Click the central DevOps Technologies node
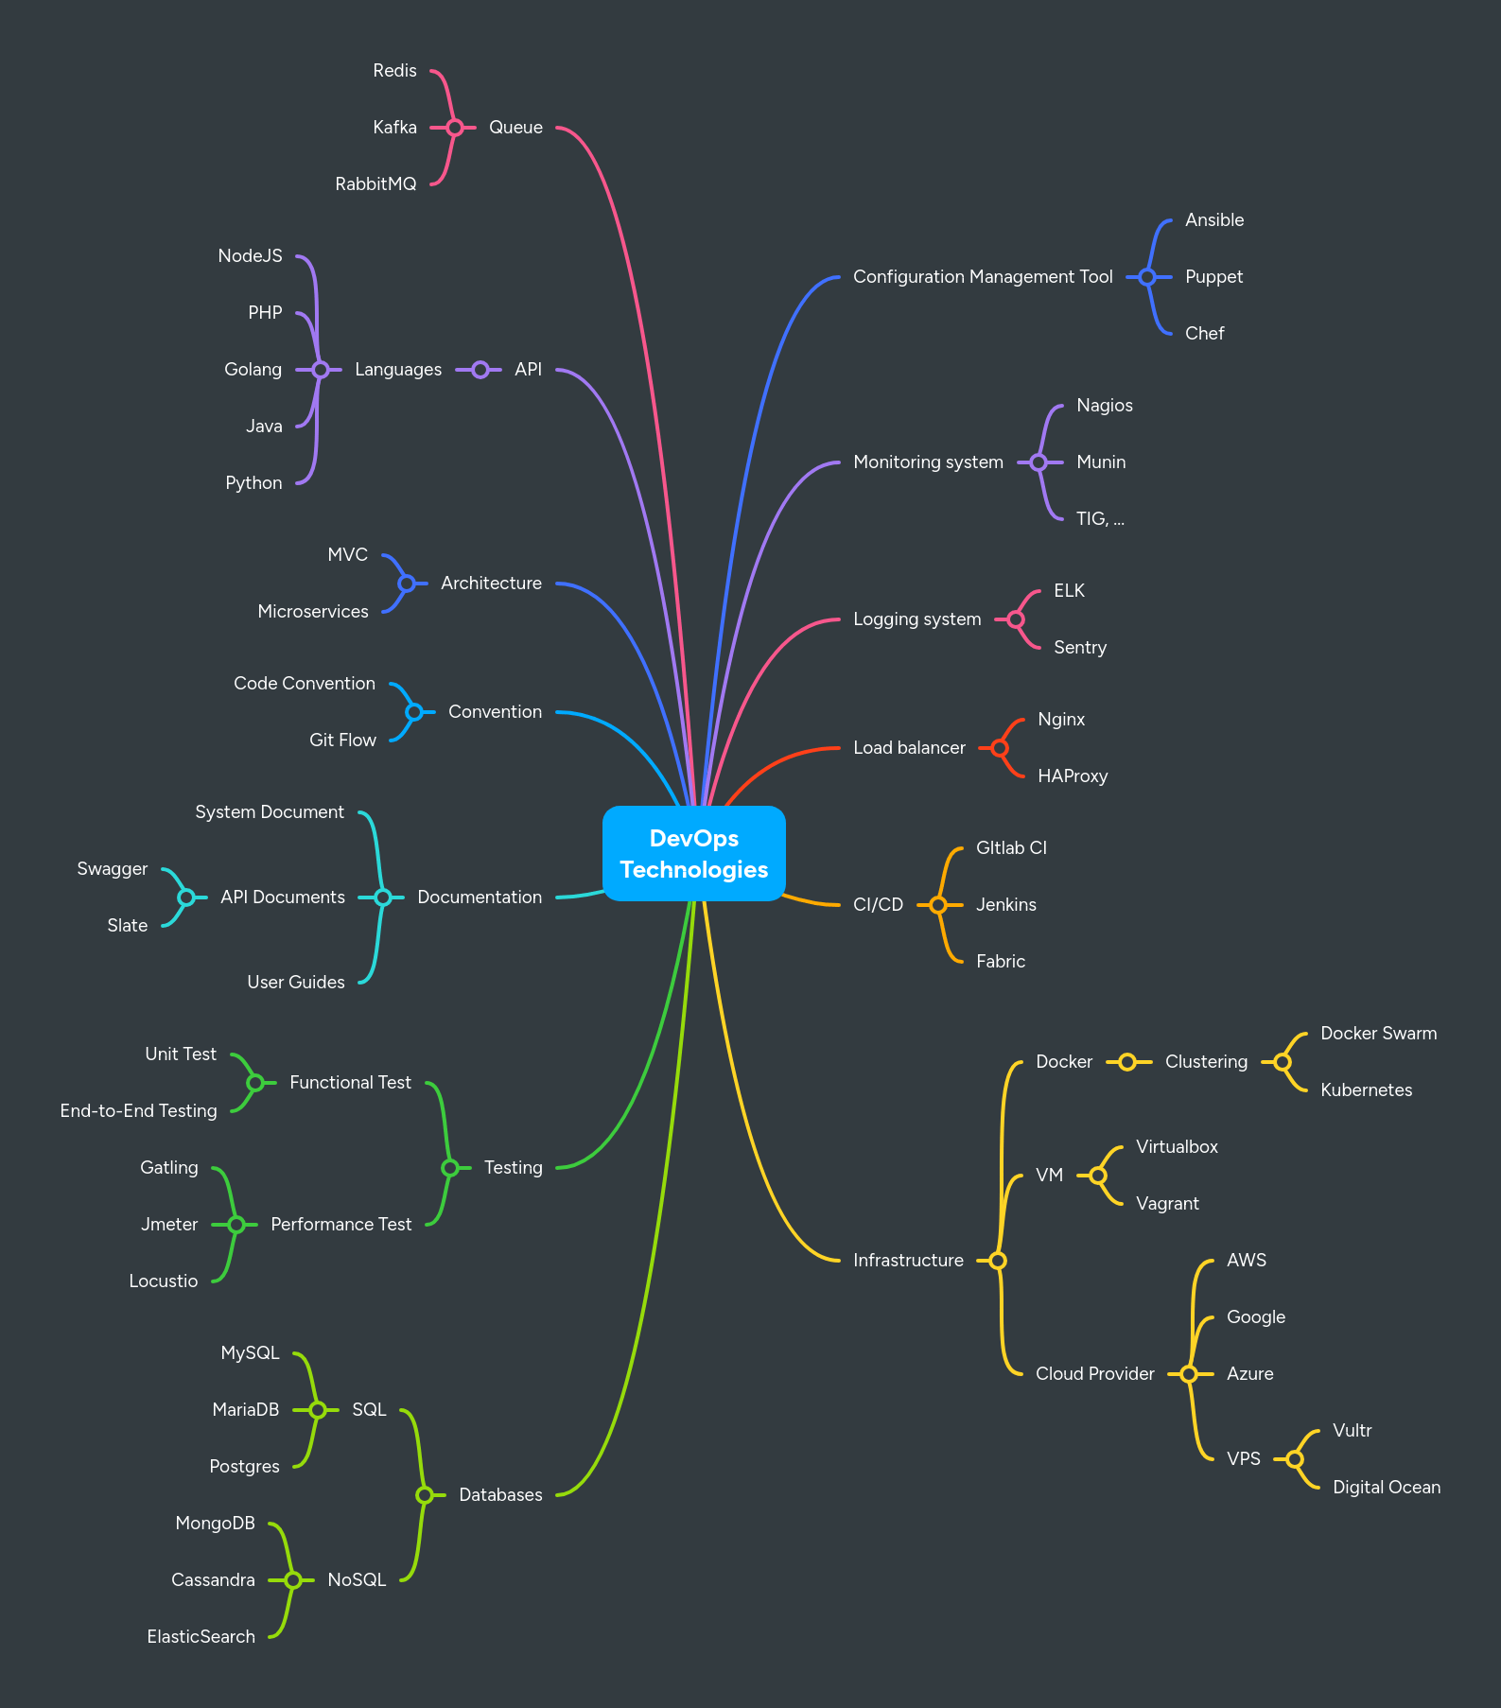point(694,853)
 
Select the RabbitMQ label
point(375,183)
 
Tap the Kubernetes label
point(1366,1089)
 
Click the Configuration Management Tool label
point(983,276)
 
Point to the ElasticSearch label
point(201,1636)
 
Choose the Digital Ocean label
point(1386,1487)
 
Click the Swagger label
point(112,868)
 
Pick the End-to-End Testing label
point(138,1110)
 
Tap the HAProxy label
point(1072,776)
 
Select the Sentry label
point(1079,647)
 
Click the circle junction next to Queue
point(455,127)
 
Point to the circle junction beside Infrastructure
point(998,1260)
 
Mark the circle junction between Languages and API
point(480,369)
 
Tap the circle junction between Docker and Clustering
point(1126,1061)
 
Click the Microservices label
point(312,611)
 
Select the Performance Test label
point(340,1224)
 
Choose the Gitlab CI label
point(1011,847)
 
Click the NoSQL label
point(357,1579)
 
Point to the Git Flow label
point(342,740)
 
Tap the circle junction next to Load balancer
point(1000,747)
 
